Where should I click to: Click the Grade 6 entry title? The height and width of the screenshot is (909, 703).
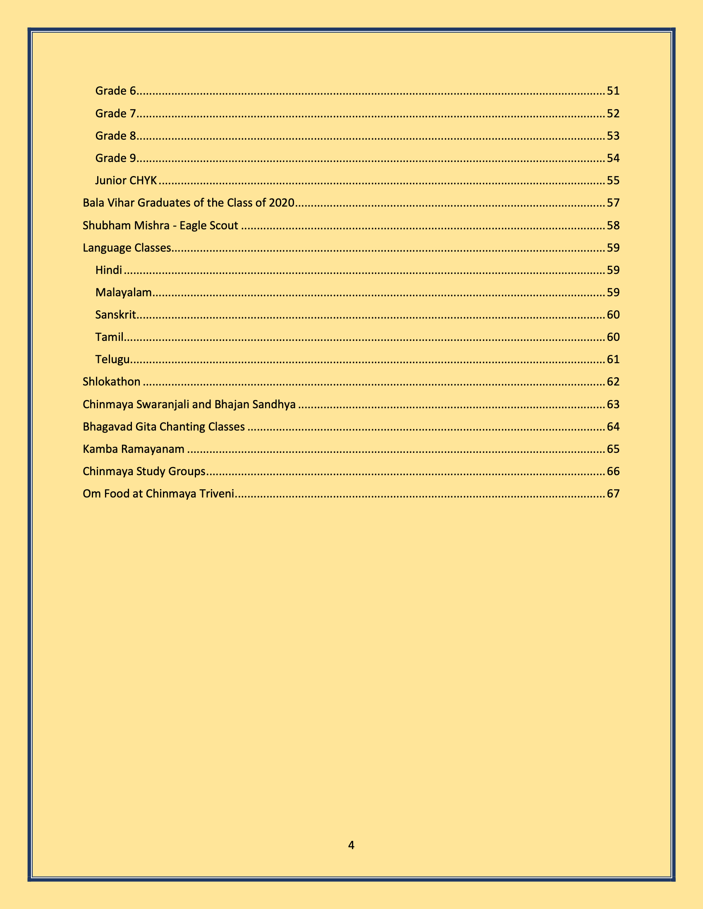pyautogui.click(x=116, y=91)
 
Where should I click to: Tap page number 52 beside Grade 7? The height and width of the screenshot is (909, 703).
pyautogui.click(x=613, y=113)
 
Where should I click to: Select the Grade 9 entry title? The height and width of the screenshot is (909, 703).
pyautogui.click(x=116, y=158)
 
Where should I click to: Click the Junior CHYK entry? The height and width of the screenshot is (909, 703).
pyautogui.click(x=126, y=180)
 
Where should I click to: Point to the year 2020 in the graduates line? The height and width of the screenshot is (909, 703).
pyautogui.click(x=282, y=203)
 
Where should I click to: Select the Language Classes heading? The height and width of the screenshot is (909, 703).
pyautogui.click(x=127, y=247)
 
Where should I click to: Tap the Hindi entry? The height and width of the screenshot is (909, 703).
pyautogui.click(x=109, y=270)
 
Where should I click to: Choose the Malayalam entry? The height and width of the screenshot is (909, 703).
pyautogui.click(x=124, y=292)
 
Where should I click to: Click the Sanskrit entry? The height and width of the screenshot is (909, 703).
pyautogui.click(x=116, y=315)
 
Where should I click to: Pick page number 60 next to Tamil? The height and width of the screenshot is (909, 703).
pyautogui.click(x=613, y=337)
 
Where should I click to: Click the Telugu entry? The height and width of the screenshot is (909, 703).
pyautogui.click(x=112, y=359)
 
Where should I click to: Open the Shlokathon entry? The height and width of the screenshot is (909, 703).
pyautogui.click(x=112, y=382)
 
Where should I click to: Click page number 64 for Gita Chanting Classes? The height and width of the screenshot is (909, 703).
pyautogui.click(x=613, y=427)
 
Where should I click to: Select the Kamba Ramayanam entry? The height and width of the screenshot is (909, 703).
pyautogui.click(x=134, y=449)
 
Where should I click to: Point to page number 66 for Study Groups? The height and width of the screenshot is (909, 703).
pyautogui.click(x=613, y=471)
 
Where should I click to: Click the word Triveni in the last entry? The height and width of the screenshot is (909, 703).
pyautogui.click(x=220, y=494)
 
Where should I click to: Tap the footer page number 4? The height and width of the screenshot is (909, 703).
pyautogui.click(x=351, y=845)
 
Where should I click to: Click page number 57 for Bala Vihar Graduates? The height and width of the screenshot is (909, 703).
pyautogui.click(x=613, y=203)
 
